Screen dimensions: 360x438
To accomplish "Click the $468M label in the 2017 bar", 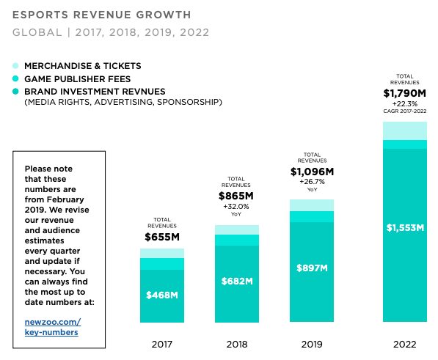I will click(162, 295).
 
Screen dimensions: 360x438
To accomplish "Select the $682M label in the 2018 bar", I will click(236, 281).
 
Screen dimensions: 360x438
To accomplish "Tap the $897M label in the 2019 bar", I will click(311, 268).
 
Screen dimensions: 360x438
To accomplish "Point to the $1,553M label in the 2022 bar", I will click(405, 227).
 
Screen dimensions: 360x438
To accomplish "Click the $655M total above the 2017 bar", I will click(162, 237).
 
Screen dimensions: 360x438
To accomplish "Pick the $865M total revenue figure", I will click(236, 196).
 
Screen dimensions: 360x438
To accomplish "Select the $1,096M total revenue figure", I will click(312, 172).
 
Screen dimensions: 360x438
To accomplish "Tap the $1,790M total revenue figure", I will click(404, 93).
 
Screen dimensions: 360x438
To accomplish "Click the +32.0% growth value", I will click(236, 207).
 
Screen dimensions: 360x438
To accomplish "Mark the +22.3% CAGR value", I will click(404, 104).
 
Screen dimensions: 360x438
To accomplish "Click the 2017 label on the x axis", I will click(162, 342).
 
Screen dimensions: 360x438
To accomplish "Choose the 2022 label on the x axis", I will click(404, 342).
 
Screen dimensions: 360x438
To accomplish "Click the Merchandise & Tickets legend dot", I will click(16, 66).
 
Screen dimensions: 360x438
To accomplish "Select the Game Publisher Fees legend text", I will click(77, 78).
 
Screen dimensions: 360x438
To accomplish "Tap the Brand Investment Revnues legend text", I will click(95, 91).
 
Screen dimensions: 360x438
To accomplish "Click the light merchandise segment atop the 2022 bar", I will click(404, 131).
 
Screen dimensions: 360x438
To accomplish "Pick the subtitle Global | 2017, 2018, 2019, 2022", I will click(111, 32).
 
